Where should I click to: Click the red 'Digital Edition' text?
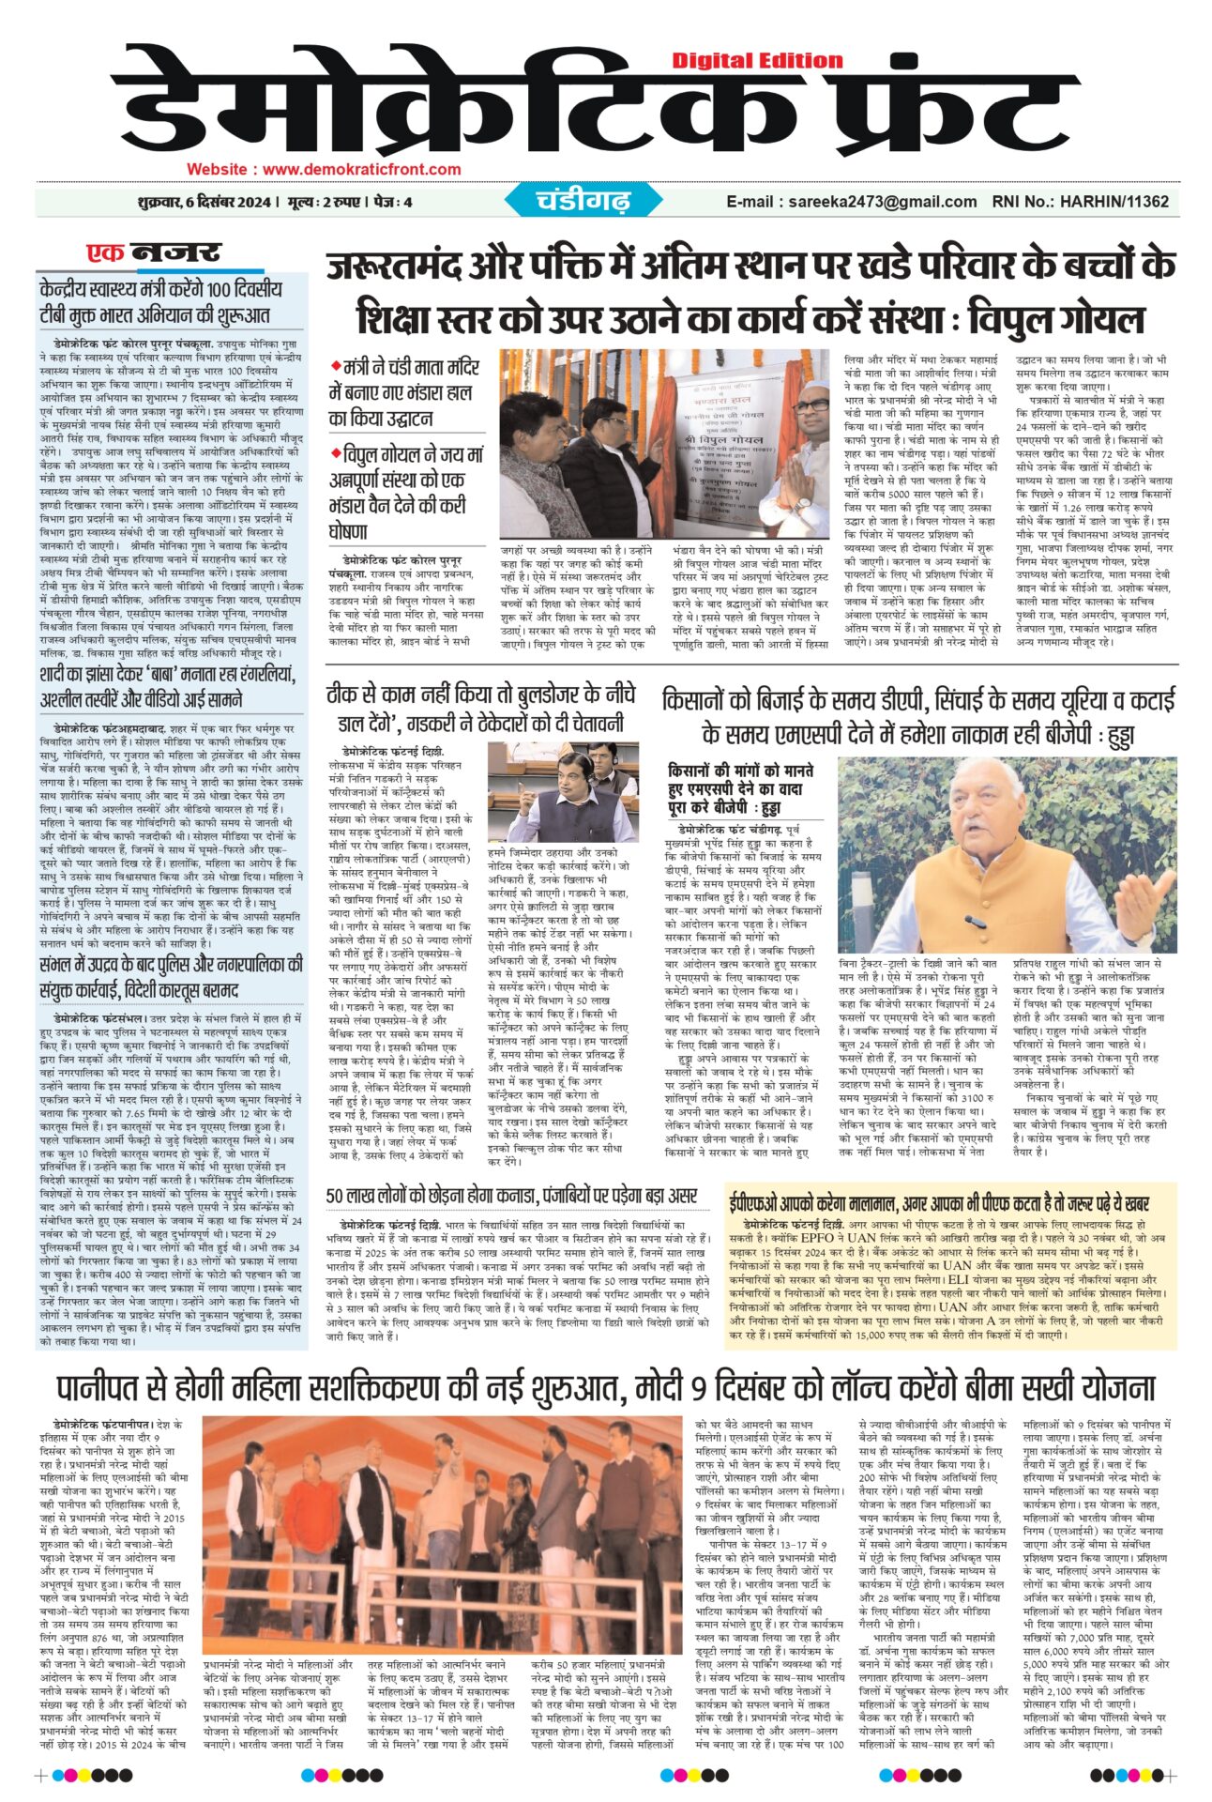[x=757, y=61]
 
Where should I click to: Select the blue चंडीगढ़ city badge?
[x=583, y=200]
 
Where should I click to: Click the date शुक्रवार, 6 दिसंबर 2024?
[x=203, y=202]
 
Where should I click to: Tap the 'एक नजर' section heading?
[x=153, y=253]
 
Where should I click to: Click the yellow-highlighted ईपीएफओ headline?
[x=939, y=1203]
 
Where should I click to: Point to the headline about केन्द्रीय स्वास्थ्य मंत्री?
[x=159, y=301]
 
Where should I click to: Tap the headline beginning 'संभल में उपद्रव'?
[x=171, y=976]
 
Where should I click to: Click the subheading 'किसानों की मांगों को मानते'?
[x=740, y=771]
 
